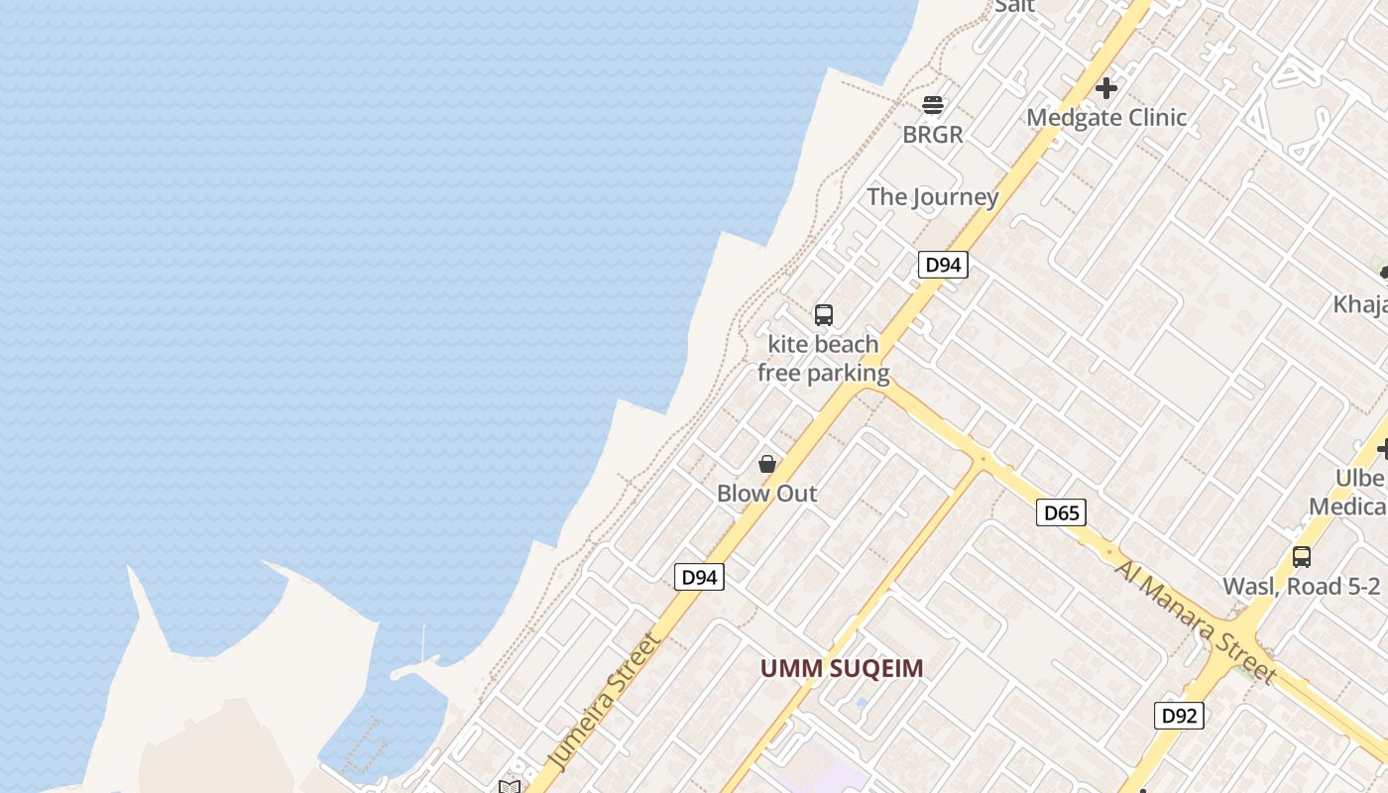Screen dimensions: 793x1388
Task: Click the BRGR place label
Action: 933,135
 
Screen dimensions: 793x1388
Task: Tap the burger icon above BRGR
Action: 933,104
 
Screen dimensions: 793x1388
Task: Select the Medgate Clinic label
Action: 1106,118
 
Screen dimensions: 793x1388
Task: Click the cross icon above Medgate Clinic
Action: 1106,88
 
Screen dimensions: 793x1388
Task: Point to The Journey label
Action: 933,196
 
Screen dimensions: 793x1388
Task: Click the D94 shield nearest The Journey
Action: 942,265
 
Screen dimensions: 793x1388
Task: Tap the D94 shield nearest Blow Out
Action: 699,577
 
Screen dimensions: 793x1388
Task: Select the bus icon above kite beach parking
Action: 824,315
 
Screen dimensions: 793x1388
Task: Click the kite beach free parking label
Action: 824,359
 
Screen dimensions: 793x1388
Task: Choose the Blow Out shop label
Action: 767,494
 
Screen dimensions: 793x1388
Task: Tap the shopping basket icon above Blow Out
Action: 767,464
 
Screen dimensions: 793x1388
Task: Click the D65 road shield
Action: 1061,512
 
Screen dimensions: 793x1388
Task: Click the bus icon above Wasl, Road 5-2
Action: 1302,557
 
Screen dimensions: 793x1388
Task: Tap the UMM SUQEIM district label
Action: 842,669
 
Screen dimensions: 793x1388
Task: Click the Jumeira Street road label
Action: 605,702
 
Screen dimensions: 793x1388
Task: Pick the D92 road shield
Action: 1179,716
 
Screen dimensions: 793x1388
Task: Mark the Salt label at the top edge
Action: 1014,6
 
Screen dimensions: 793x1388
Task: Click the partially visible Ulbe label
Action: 1360,479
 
